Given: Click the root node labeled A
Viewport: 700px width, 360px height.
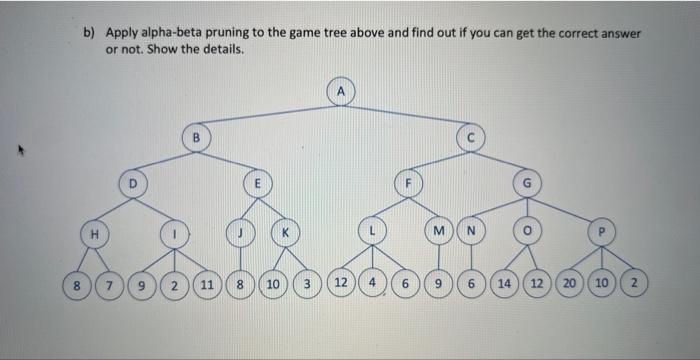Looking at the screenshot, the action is [x=341, y=90].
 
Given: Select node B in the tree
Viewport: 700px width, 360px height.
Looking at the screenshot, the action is [x=197, y=135].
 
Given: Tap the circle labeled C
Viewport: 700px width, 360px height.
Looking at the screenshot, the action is [x=468, y=135].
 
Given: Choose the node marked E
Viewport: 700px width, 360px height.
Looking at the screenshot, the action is [x=256, y=183].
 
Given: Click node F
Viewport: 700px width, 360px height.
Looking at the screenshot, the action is [x=407, y=183].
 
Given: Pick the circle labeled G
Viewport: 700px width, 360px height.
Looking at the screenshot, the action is [x=527, y=183].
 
